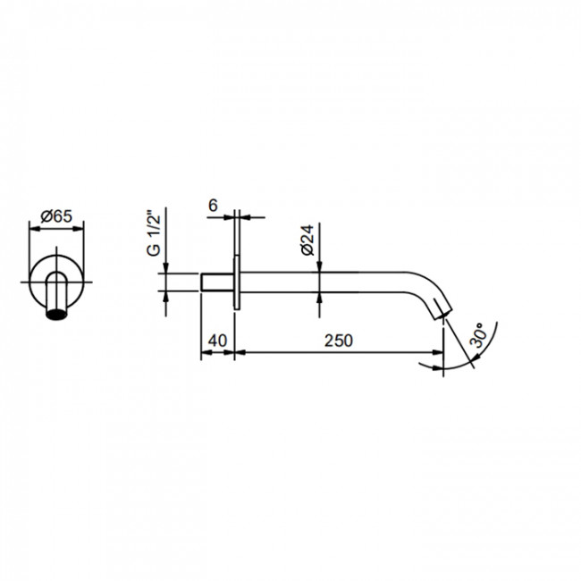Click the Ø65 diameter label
click(x=56, y=216)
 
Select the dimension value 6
click(x=213, y=206)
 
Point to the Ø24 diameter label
click(x=307, y=240)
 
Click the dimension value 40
click(x=217, y=341)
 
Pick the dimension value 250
click(x=339, y=341)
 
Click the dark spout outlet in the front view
click(x=56, y=313)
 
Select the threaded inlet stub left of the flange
click(x=217, y=282)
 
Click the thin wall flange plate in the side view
click(x=237, y=282)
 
